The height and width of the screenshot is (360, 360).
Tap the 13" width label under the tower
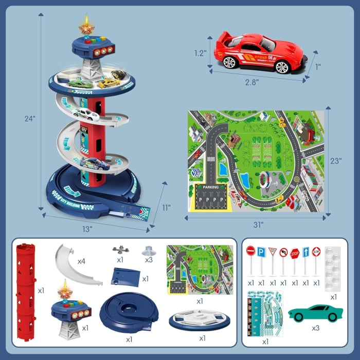coord(87,228)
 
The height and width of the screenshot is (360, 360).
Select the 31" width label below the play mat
coord(258,224)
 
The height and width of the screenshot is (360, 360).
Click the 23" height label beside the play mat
coord(336,160)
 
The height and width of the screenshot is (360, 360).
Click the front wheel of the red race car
coord(230,62)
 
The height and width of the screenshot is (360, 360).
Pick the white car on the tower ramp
coord(86,114)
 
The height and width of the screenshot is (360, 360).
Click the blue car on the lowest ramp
coord(95,164)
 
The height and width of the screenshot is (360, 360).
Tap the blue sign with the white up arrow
coord(305,253)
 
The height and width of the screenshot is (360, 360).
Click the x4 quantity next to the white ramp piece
coord(81,261)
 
